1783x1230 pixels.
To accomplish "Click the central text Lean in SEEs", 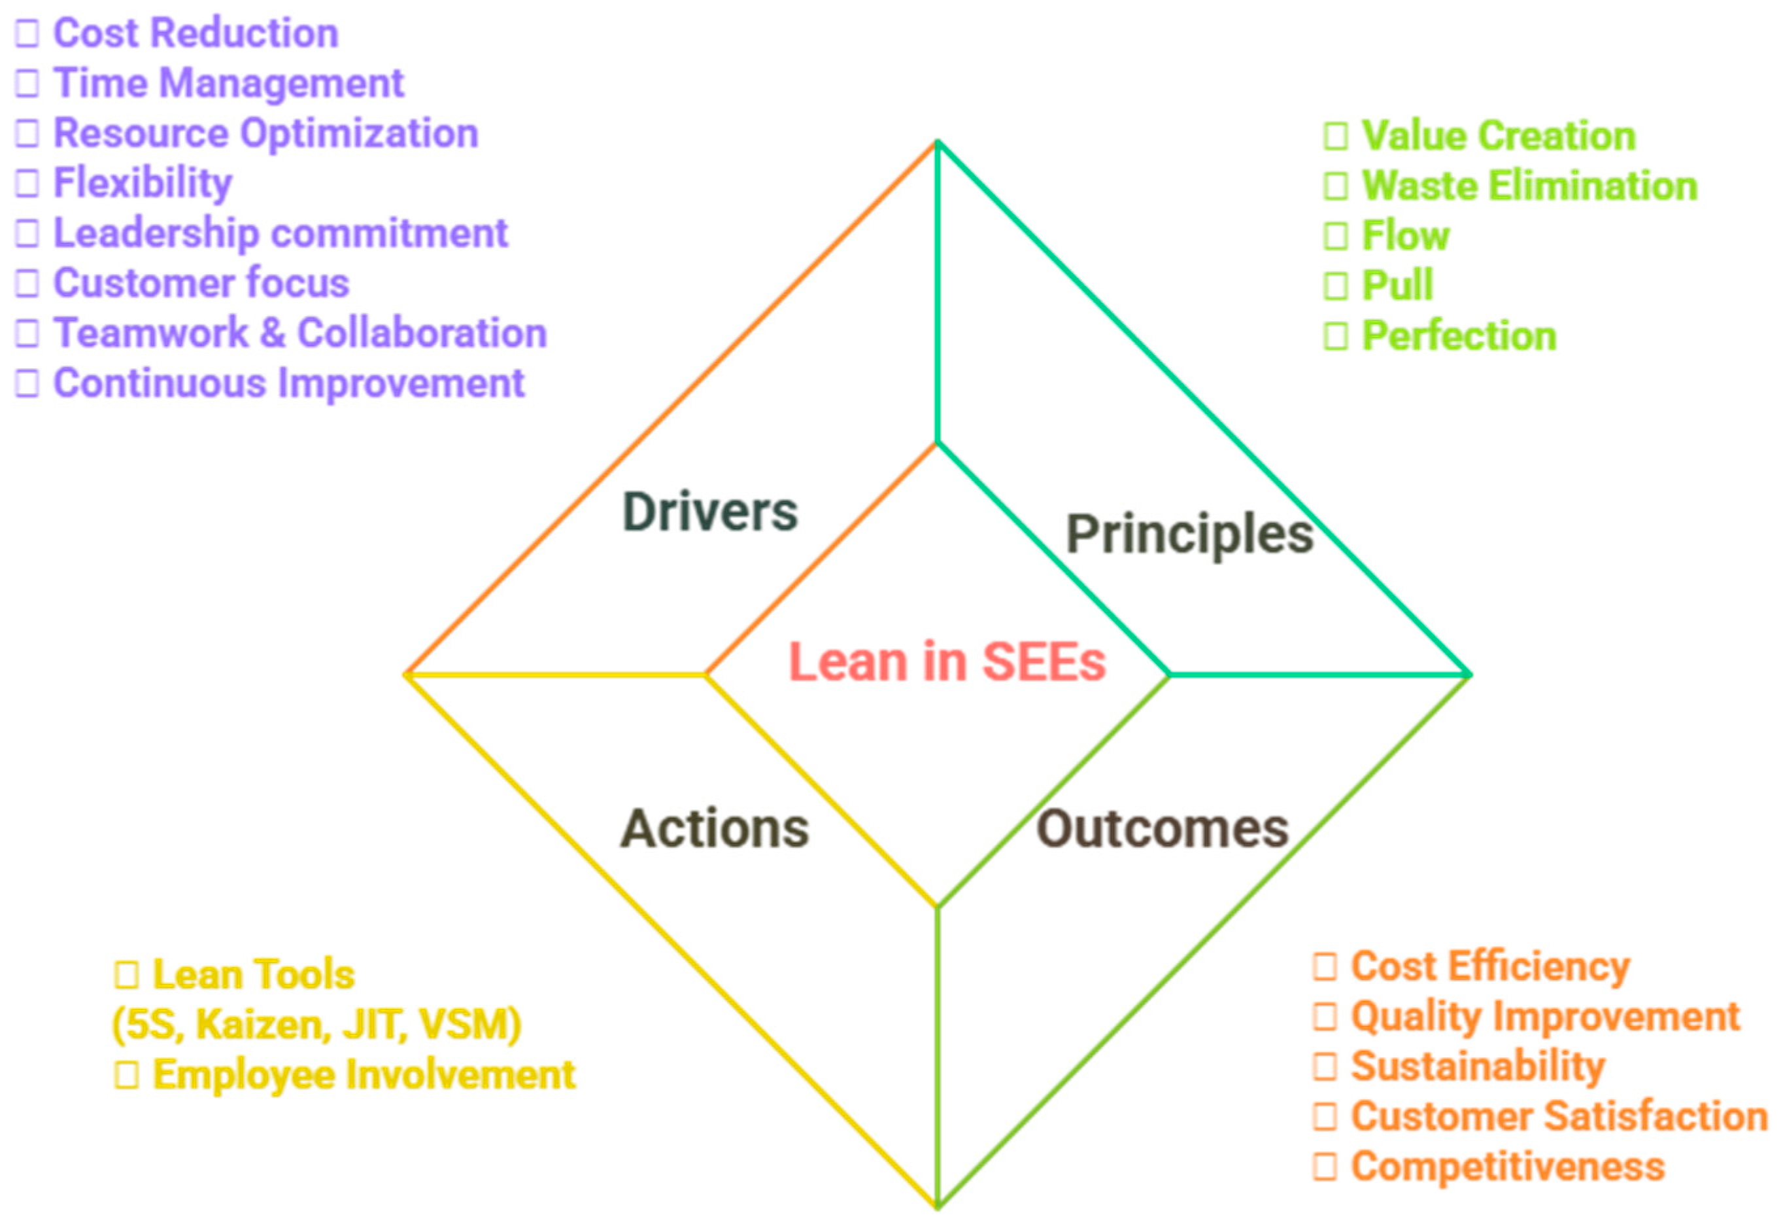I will pyautogui.click(x=947, y=662).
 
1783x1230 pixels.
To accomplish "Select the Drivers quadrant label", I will pyautogui.click(x=709, y=512).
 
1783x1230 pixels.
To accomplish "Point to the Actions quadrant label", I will pyautogui.click(x=714, y=828).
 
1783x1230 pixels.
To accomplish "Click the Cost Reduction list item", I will pyautogui.click(x=195, y=33).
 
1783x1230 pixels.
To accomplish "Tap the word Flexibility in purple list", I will pyautogui.click(x=143, y=183).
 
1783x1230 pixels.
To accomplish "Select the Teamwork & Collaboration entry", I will pyautogui.click(x=299, y=333).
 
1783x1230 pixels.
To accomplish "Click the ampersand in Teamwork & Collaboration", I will pyautogui.click(x=272, y=333).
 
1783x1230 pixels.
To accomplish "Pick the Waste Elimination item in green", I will pyautogui.click(x=1529, y=186).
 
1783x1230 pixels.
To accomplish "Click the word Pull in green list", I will pyautogui.click(x=1397, y=285).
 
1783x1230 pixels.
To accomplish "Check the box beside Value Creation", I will pyautogui.click(x=1336, y=136).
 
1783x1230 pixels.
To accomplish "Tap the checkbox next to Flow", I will pyautogui.click(x=1336, y=236).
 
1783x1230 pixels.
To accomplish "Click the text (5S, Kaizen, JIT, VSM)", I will pyautogui.click(x=316, y=1025).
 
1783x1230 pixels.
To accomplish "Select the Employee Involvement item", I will pyautogui.click(x=364, y=1074).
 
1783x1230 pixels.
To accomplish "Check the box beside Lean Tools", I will pyautogui.click(x=126, y=975).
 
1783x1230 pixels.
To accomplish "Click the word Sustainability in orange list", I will pyautogui.click(x=1477, y=1066).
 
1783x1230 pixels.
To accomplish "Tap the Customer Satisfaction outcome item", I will pyautogui.click(x=1559, y=1117).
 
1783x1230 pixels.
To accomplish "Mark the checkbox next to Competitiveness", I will pyautogui.click(x=1325, y=1167).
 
